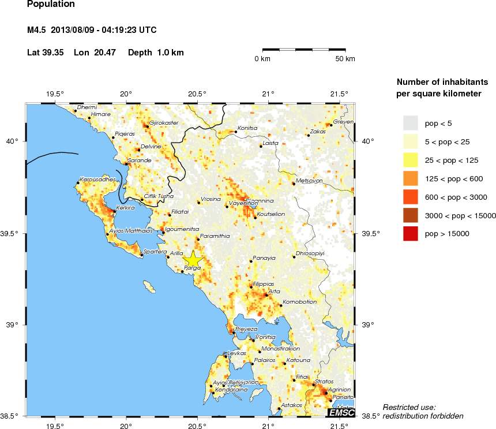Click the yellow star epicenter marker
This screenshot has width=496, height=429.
point(193,259)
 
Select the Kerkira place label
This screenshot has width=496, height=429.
point(125,207)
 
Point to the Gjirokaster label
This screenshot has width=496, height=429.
point(164,122)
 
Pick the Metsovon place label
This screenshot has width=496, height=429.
point(309,181)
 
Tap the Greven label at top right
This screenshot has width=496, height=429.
point(343,122)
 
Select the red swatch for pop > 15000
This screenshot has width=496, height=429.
point(409,234)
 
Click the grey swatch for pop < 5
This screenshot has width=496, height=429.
point(409,123)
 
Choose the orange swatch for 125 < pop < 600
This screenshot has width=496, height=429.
point(409,178)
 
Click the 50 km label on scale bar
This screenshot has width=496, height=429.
point(345,59)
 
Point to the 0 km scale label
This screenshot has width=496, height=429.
point(263,59)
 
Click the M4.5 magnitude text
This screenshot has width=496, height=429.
point(37,30)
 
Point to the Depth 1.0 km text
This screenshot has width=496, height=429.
point(156,53)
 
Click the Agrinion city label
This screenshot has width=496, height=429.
point(340,390)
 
